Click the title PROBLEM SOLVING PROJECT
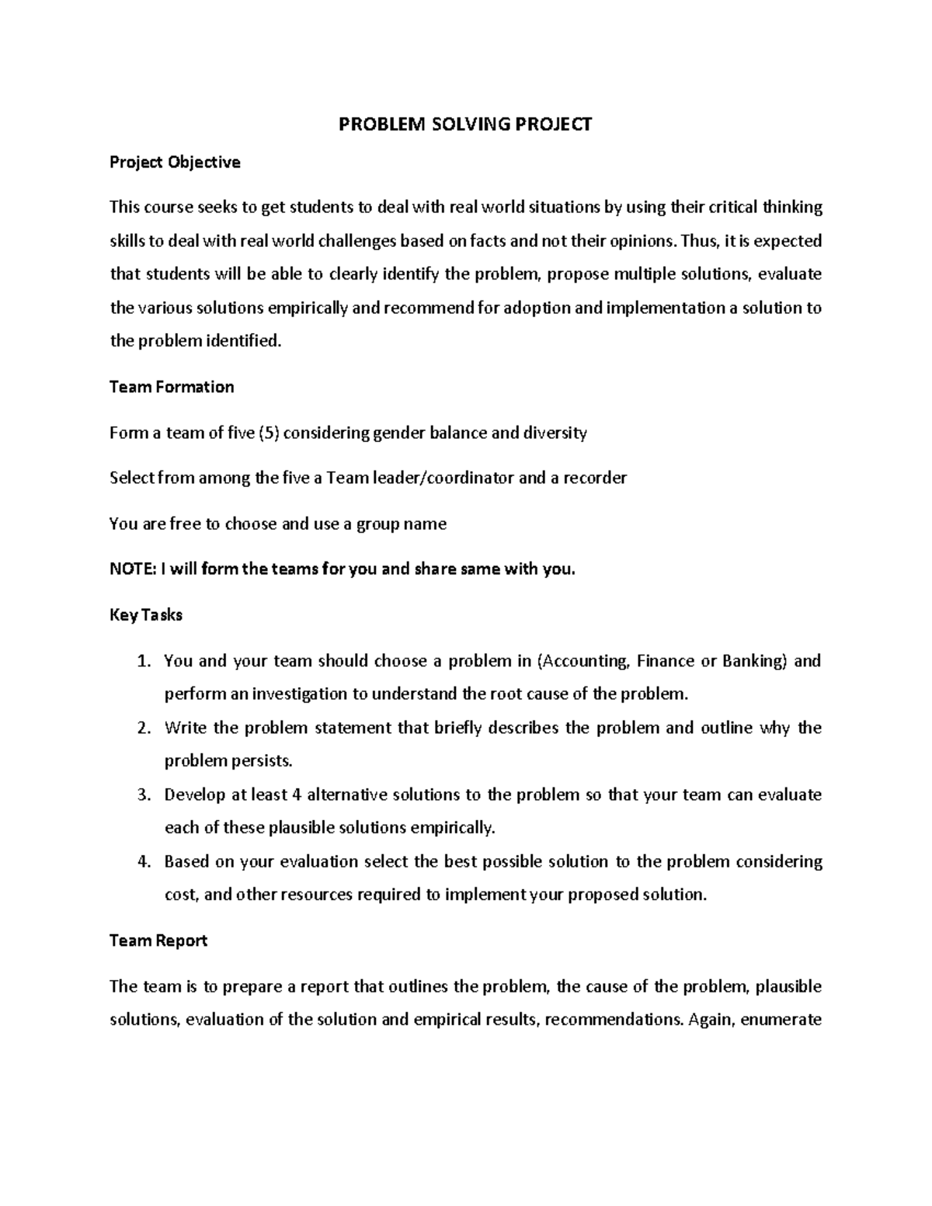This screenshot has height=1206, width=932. point(465,124)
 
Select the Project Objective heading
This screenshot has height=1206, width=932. point(175,162)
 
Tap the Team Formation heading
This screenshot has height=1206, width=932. point(172,387)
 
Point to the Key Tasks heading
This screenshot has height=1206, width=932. point(146,615)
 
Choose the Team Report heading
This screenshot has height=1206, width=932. point(158,940)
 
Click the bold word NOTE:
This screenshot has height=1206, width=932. point(132,569)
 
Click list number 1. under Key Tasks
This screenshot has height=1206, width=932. point(142,661)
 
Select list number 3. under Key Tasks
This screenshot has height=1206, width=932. point(142,794)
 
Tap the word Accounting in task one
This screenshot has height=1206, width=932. point(583,661)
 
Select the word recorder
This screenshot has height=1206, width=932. point(594,478)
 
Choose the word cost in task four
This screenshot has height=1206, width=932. point(179,895)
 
